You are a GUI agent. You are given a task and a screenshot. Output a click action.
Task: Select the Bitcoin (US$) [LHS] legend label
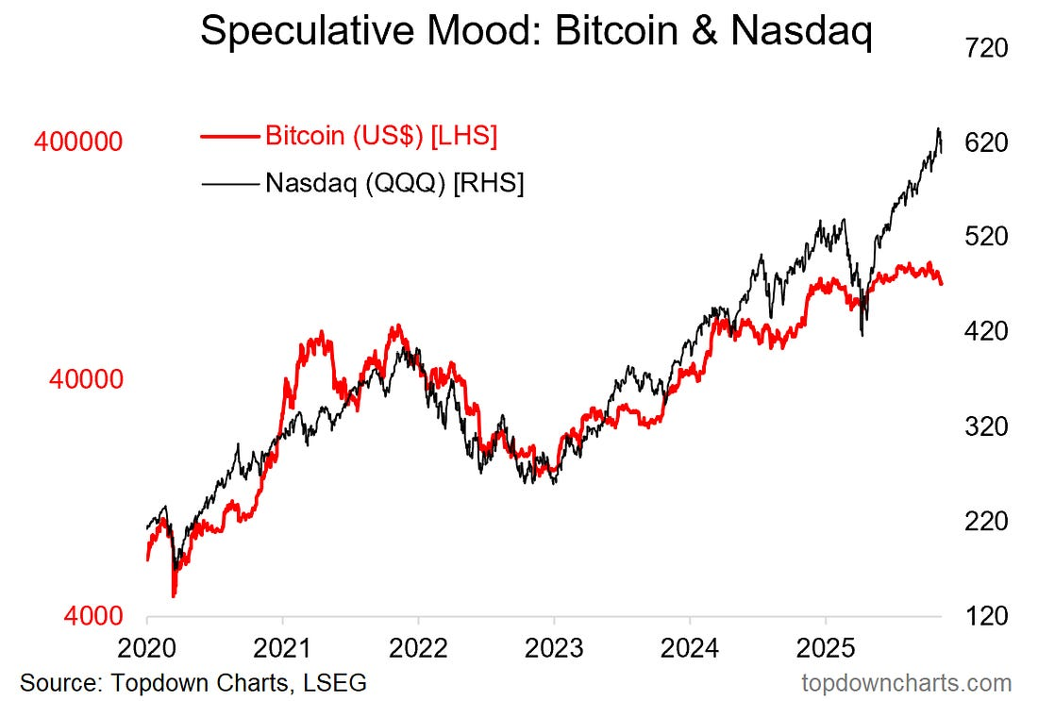(381, 136)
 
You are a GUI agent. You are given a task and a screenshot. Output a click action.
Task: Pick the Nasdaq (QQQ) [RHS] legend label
(394, 182)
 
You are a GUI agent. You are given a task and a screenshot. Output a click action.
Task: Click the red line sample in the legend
(229, 137)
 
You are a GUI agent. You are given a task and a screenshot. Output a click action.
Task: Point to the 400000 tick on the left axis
(78, 142)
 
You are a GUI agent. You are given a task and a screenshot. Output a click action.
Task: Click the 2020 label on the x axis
(147, 649)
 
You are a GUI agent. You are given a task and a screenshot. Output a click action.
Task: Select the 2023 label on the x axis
(554, 649)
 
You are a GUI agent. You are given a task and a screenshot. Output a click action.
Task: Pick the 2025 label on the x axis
(826, 649)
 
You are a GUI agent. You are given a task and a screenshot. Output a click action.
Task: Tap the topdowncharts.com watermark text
(906, 682)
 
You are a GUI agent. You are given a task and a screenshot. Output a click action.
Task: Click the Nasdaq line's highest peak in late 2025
(938, 128)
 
